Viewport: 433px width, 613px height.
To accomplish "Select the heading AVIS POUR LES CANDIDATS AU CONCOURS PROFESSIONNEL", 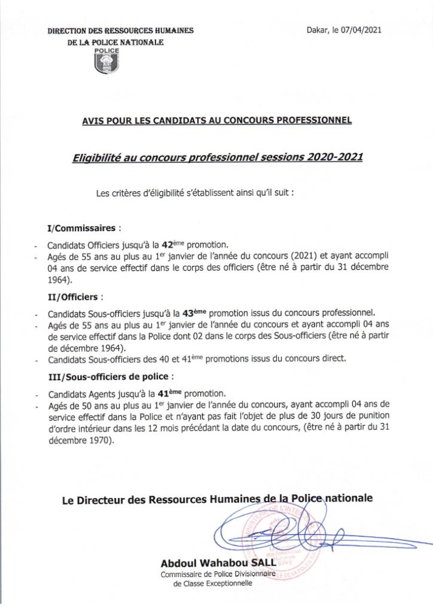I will tap(216, 120).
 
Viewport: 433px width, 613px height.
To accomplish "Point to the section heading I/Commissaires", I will tap(83, 228).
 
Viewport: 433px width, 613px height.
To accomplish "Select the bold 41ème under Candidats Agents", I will tap(169, 393).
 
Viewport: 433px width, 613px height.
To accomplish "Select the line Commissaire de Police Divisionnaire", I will tap(217, 575).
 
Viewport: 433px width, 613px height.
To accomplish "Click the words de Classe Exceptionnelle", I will tap(212, 585).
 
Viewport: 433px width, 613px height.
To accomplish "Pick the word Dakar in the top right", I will tap(318, 29).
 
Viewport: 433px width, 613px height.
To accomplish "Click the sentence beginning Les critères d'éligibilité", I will tap(195, 193).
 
